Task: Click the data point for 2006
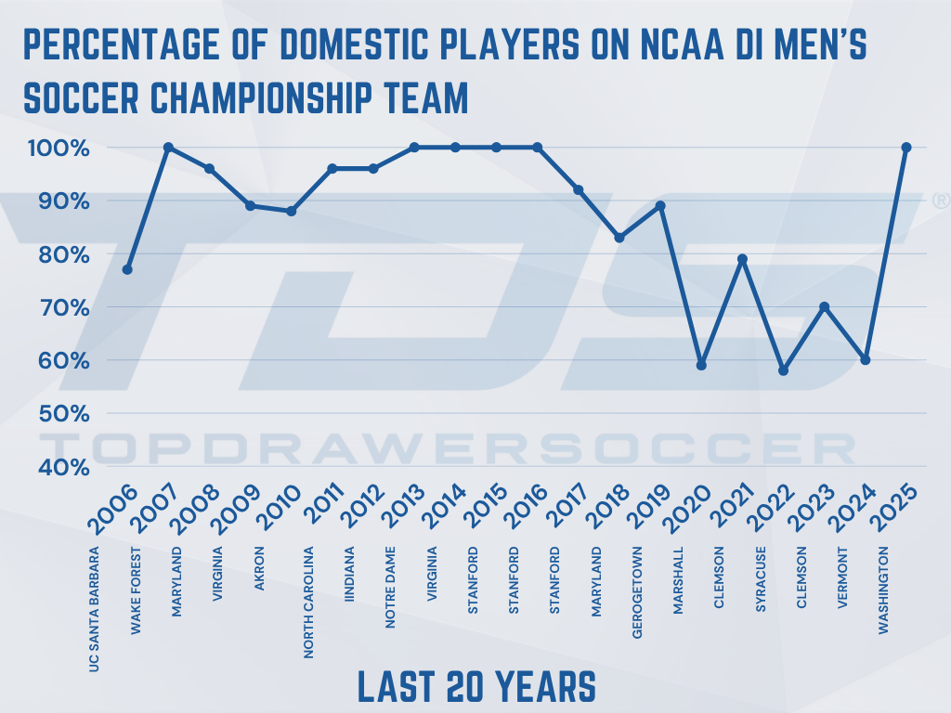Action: click(127, 269)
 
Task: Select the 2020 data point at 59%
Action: click(701, 365)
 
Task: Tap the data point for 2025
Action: click(906, 147)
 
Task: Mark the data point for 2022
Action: click(784, 370)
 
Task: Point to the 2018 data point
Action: click(619, 238)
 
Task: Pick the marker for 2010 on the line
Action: click(291, 211)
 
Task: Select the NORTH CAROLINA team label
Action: click(309, 603)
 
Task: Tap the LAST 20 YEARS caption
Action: click(476, 687)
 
